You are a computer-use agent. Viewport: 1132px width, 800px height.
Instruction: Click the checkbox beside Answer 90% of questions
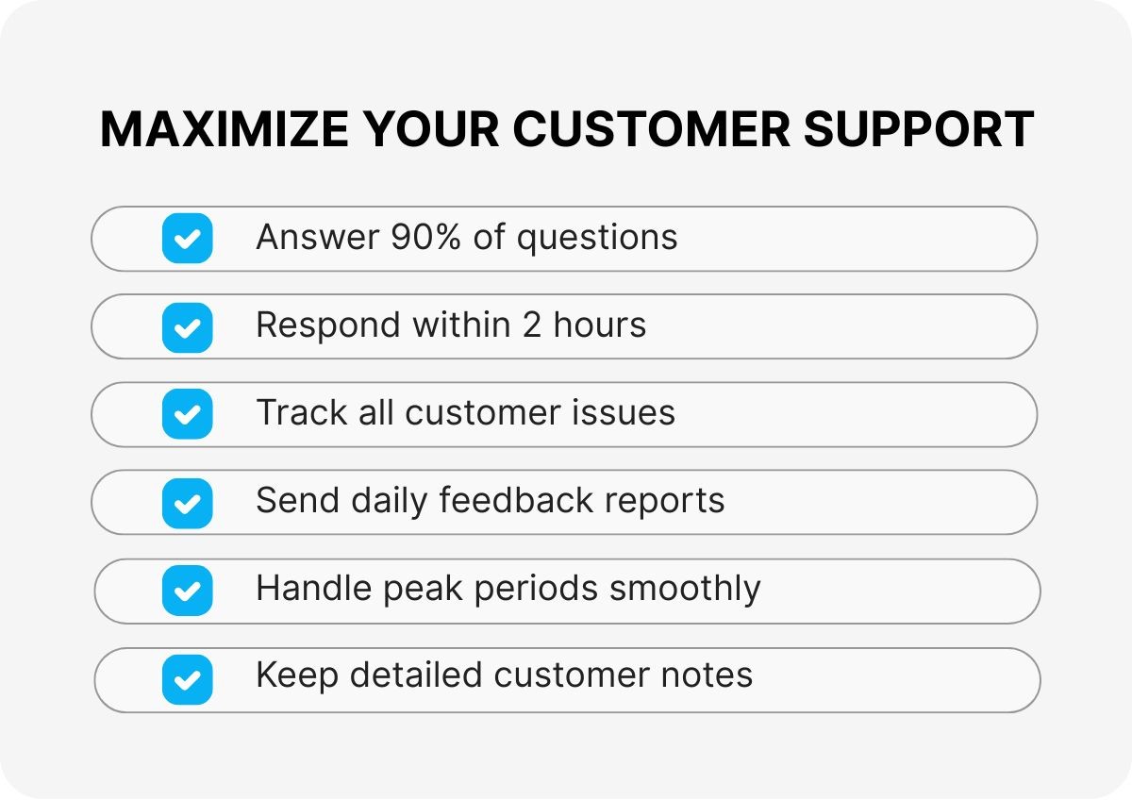tap(187, 238)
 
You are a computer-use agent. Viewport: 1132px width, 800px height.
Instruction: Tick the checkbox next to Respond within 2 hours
tap(187, 326)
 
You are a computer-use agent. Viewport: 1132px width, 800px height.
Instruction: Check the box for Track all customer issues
tap(187, 414)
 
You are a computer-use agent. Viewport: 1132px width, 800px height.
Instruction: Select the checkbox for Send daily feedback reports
tap(187, 502)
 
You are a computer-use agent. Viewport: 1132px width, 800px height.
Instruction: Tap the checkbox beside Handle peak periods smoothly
tap(187, 591)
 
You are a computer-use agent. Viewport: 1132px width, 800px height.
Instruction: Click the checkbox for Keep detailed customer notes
tap(187, 679)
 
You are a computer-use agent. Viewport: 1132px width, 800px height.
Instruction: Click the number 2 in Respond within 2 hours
tap(531, 325)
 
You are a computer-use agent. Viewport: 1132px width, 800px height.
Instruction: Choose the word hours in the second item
tap(600, 325)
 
